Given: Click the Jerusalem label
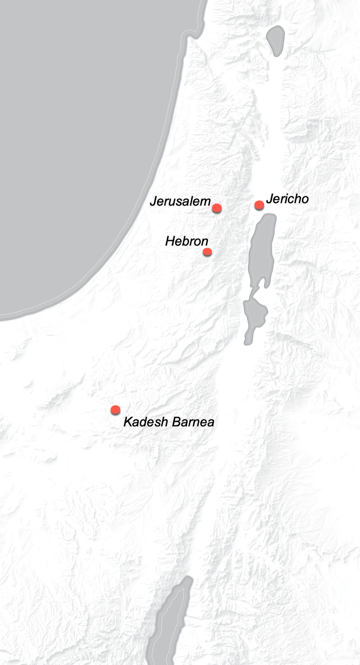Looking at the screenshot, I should click(180, 201).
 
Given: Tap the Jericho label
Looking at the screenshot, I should click(287, 199).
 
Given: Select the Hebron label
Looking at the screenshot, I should click(187, 241).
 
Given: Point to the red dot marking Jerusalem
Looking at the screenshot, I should click(217, 208).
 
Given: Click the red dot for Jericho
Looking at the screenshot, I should click(259, 205).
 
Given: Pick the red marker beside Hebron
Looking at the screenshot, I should click(207, 252).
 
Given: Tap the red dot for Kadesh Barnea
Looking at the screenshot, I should click(115, 410).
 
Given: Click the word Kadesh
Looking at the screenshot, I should click(145, 422).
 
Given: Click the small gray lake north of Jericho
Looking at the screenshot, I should click(276, 40).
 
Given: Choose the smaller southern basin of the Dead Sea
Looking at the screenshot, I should click(254, 314).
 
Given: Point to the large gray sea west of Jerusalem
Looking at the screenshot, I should click(73, 147).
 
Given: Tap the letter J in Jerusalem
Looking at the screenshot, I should click(154, 201).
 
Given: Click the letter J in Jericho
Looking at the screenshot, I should click(270, 199).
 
